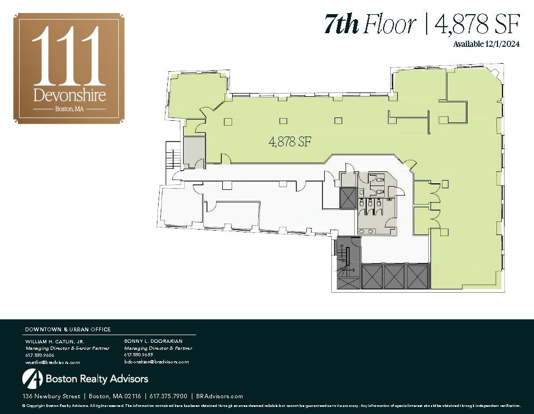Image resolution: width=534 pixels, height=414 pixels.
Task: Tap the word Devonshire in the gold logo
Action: coord(69,95)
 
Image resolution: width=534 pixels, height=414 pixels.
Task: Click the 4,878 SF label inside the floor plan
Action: coord(290,142)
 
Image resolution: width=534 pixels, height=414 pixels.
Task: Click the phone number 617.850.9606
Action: coord(40,355)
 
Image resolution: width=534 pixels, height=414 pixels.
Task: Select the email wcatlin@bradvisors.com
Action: coord(53,362)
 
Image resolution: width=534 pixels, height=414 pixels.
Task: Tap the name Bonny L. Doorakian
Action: coord(153,341)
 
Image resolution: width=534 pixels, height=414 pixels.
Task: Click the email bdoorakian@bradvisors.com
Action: coord(156,361)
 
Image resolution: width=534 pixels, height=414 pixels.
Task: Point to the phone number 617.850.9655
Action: coord(138,355)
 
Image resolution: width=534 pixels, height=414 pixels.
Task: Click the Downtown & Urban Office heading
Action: coord(68,329)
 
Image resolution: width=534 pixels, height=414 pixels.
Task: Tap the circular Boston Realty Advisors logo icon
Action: coord(32,378)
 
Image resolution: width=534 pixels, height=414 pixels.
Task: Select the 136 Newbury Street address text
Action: coord(51,396)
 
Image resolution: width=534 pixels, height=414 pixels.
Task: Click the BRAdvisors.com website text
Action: coord(220,396)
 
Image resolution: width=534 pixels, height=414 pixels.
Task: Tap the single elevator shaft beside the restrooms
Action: coord(348,199)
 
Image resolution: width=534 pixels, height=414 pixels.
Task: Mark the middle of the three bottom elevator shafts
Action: coord(394,276)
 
